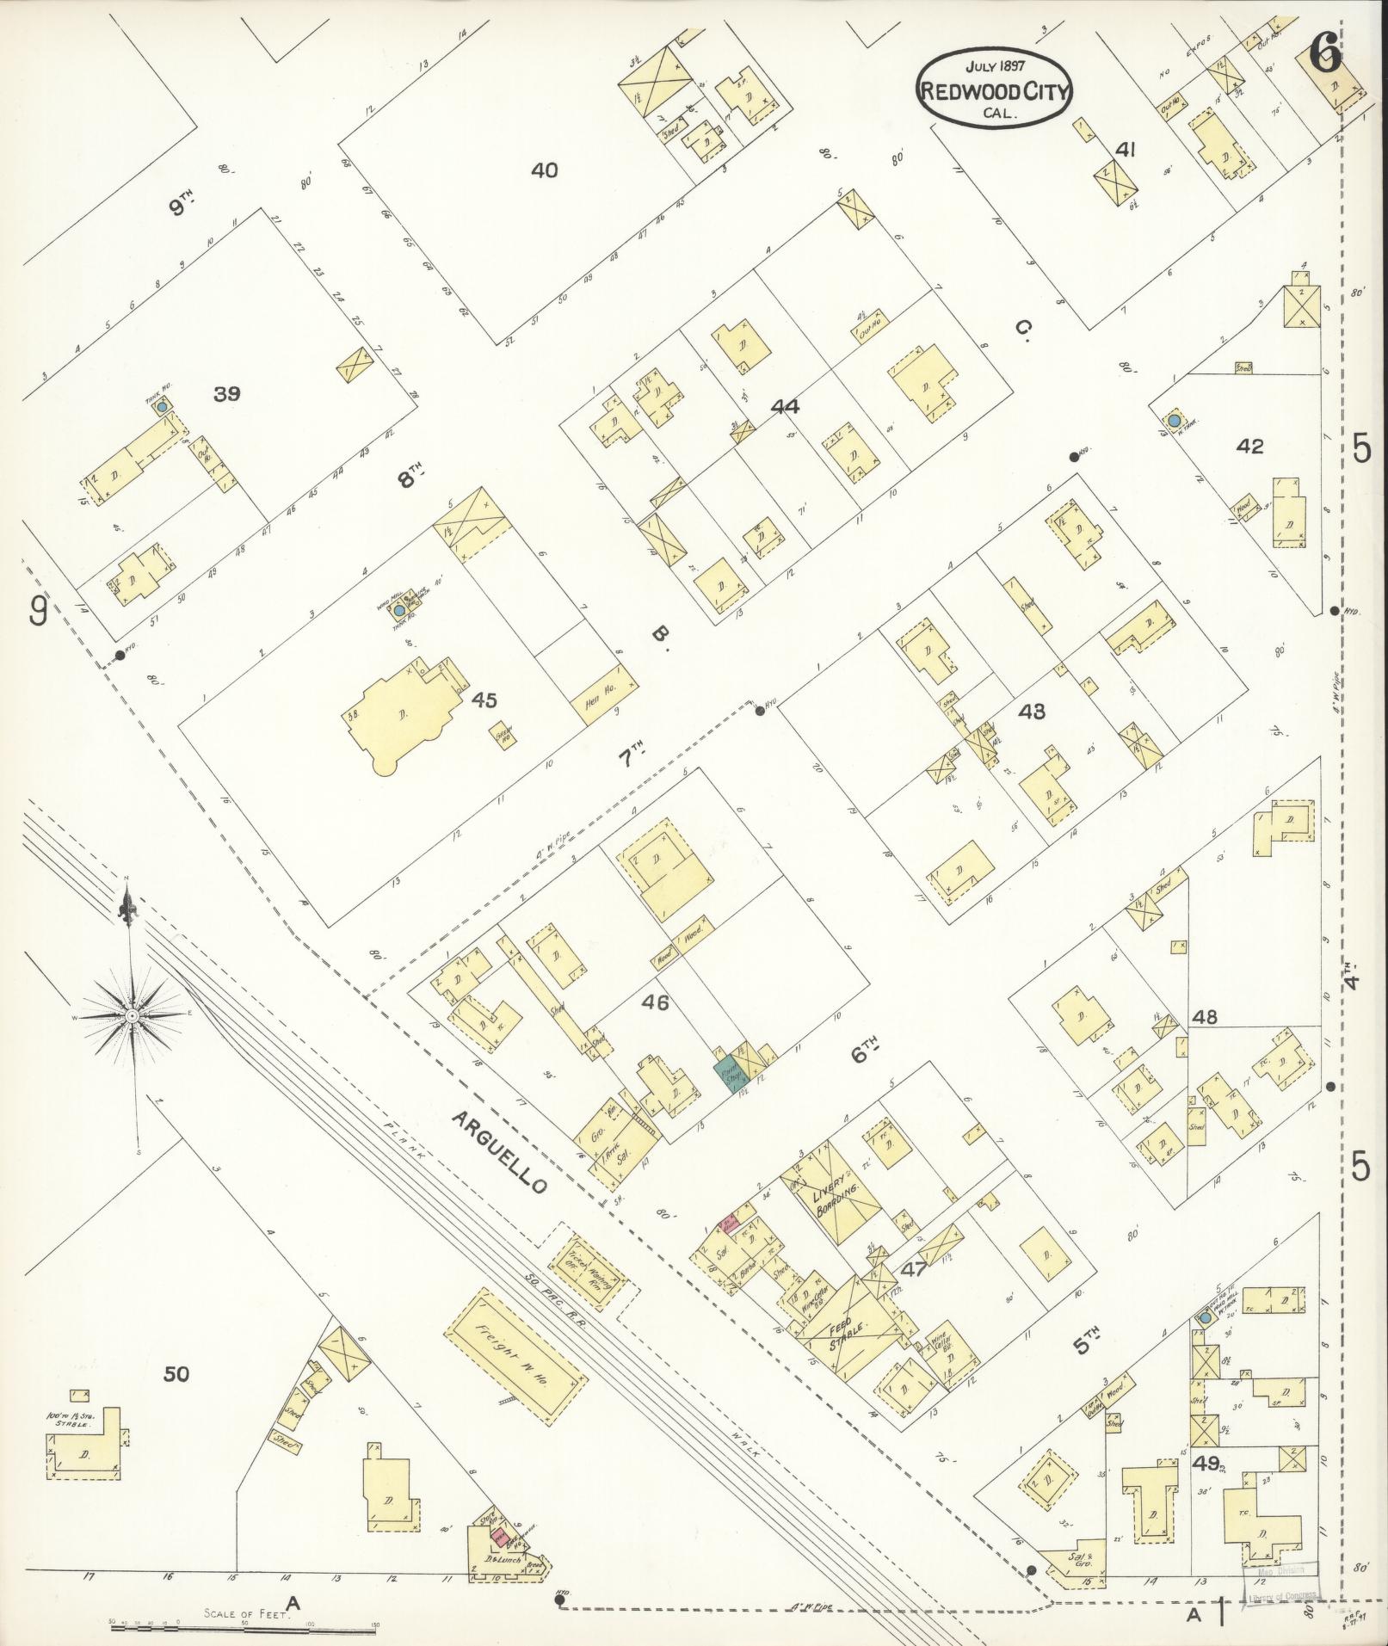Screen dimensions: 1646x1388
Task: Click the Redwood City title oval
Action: coord(993,89)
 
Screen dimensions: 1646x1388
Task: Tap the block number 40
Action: coord(544,170)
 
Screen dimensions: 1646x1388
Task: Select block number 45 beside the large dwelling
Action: coord(484,701)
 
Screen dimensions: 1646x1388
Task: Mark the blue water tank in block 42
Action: coord(1174,421)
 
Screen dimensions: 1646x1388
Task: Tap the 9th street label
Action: coord(181,207)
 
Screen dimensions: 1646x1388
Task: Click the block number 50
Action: coord(176,1374)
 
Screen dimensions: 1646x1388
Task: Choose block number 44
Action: coord(785,406)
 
